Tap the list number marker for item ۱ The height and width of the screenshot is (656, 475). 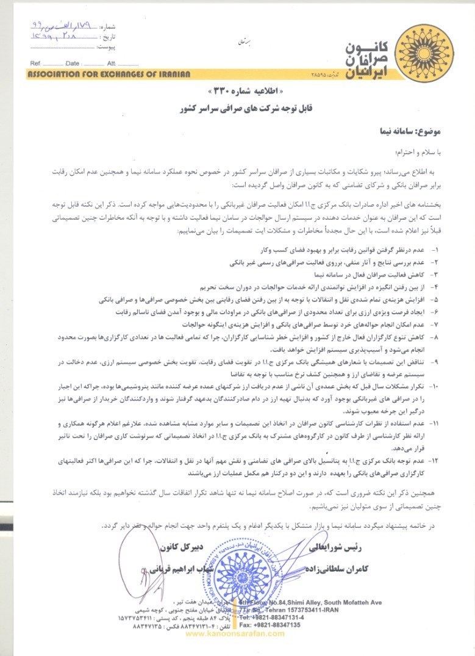click(434, 250)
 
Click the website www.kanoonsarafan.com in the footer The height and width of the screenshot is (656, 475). click(235, 633)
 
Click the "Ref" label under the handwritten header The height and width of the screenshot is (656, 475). click(35, 63)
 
